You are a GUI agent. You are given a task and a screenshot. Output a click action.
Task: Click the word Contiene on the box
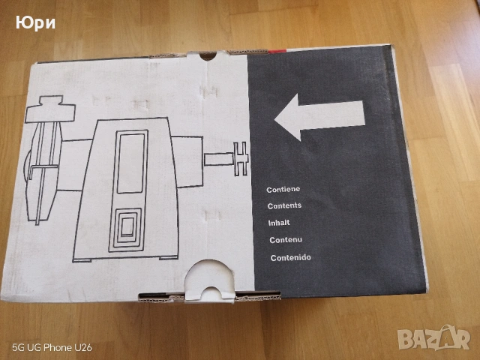point(283,190)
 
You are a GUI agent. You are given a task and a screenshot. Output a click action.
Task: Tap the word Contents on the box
point(284,205)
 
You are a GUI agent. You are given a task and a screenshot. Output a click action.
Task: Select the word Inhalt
point(279,223)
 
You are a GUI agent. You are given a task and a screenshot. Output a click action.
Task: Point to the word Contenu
point(286,240)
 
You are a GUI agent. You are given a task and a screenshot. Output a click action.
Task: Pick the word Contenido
point(290,258)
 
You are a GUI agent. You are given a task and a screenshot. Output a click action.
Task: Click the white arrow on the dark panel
point(319,117)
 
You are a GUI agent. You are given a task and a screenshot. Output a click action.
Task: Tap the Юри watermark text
point(35,23)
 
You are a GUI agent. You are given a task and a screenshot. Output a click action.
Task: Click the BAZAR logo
point(434,337)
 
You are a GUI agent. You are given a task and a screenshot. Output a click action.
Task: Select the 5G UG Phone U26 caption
point(52,348)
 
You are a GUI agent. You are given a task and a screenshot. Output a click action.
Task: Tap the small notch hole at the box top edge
point(208,56)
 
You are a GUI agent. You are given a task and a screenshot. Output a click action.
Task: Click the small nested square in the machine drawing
point(127,227)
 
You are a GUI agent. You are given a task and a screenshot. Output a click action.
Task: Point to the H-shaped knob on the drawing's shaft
point(241,158)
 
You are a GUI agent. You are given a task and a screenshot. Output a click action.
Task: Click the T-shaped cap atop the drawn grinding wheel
point(50,109)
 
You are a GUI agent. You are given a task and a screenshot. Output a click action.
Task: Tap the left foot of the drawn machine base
point(82,260)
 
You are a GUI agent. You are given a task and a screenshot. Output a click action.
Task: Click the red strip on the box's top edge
point(276,51)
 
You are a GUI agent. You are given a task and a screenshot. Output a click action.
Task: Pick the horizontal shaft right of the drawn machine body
point(219,159)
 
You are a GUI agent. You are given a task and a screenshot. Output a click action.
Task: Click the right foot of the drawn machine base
point(169,258)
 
